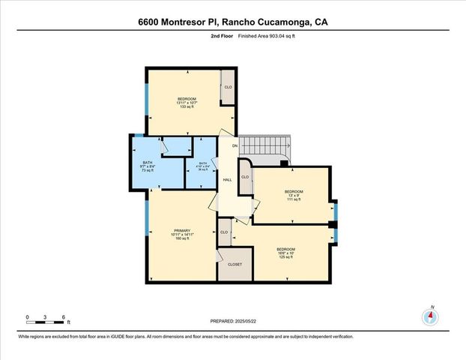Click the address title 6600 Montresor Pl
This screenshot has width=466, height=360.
[232, 22]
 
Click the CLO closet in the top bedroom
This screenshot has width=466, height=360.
[228, 87]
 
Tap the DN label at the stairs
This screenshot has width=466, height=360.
[234, 145]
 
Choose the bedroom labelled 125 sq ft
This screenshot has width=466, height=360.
[285, 253]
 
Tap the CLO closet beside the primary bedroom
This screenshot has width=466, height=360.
[224, 232]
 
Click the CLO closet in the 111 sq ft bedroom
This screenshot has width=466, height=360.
[244, 177]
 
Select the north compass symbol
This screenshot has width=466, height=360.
[430, 316]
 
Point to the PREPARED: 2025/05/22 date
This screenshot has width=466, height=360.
[233, 320]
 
